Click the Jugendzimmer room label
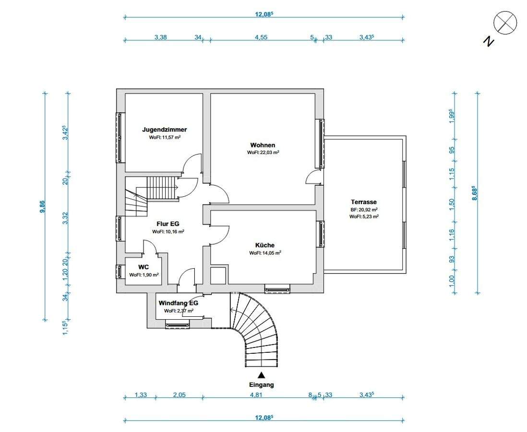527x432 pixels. click(x=164, y=130)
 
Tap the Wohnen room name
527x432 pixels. click(x=263, y=145)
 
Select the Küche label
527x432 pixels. click(x=265, y=245)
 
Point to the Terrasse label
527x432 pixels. click(x=364, y=202)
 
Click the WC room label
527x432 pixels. click(x=144, y=267)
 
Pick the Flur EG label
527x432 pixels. click(x=168, y=224)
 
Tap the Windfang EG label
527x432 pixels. click(x=179, y=303)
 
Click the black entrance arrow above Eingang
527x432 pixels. click(x=261, y=375)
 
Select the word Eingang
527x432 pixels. click(x=261, y=385)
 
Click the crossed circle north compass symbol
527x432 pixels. click(x=505, y=23)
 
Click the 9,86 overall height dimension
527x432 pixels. click(x=42, y=206)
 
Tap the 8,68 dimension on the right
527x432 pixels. click(x=475, y=193)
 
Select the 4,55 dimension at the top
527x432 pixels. click(x=261, y=37)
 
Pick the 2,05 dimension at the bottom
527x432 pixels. click(x=179, y=395)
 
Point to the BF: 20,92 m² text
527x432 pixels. click(x=364, y=209)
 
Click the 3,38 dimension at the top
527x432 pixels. click(x=161, y=37)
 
